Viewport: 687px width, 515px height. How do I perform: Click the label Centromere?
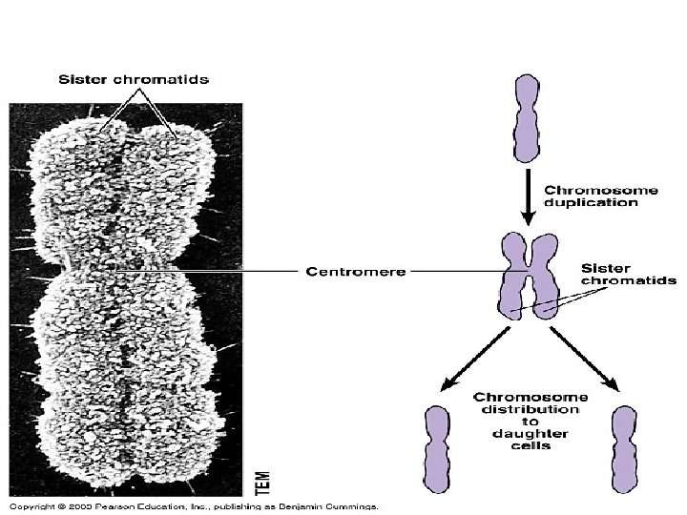[356, 271]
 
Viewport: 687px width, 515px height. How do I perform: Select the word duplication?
[593, 202]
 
